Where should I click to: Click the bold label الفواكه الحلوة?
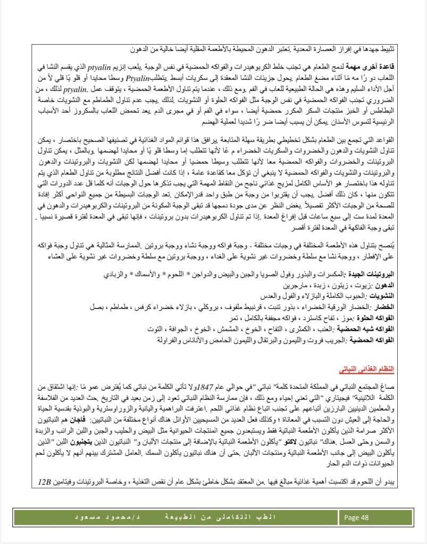pos(374,318)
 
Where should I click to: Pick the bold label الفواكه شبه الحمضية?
pos(369,329)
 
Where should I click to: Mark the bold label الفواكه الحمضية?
pos(372,340)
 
